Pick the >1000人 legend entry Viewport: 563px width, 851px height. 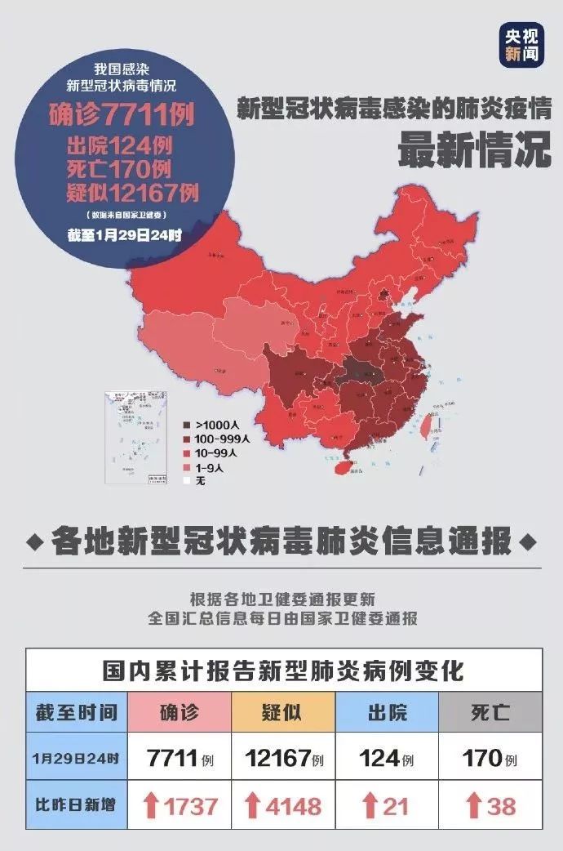point(214,425)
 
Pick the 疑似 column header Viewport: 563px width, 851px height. point(283,712)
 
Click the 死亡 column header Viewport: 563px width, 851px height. point(490,712)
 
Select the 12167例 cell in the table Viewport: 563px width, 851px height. point(283,759)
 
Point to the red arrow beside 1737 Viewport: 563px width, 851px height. point(151,806)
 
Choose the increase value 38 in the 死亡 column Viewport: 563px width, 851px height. point(501,806)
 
